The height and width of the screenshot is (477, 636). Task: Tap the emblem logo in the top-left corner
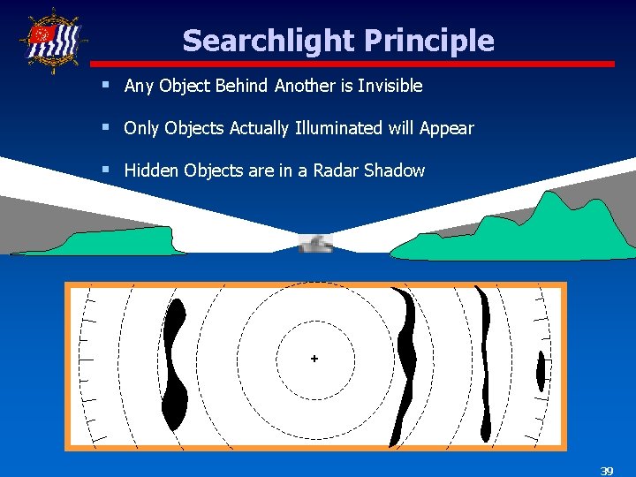(53, 39)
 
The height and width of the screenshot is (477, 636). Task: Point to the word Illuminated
(337, 128)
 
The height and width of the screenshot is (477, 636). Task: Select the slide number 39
(606, 470)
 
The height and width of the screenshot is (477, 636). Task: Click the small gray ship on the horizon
(315, 244)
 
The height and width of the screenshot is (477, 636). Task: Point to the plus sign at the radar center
(314, 359)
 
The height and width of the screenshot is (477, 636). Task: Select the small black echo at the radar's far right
(541, 372)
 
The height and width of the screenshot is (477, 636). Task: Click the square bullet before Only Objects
(105, 127)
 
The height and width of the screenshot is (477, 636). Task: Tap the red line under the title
(353, 64)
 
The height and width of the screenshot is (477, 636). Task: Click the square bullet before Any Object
(105, 85)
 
